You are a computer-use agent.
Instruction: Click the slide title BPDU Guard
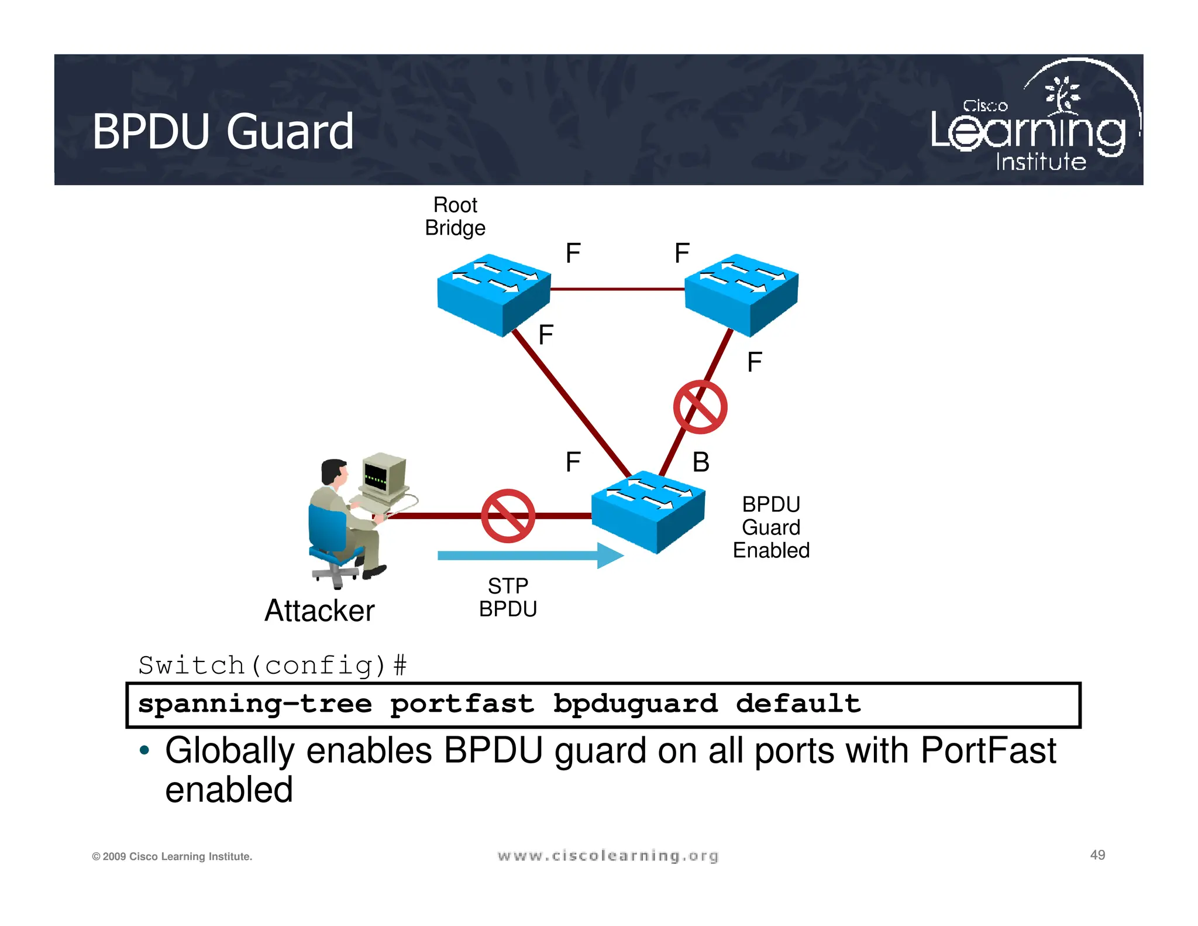223,132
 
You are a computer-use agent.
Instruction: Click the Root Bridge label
455,216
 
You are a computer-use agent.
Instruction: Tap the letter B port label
701,462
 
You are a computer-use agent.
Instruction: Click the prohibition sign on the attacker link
508,516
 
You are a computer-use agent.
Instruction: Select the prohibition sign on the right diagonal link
700,407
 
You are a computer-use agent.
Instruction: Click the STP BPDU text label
508,598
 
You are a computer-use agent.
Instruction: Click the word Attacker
319,611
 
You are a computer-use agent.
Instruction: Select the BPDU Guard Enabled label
771,527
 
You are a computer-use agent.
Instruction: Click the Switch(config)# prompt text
273,666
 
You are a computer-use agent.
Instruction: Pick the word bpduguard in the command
635,704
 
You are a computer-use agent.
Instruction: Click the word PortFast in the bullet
988,751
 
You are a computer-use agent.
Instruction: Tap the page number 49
1097,855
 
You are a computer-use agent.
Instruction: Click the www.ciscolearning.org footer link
608,856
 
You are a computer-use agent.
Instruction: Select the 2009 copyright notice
172,856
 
